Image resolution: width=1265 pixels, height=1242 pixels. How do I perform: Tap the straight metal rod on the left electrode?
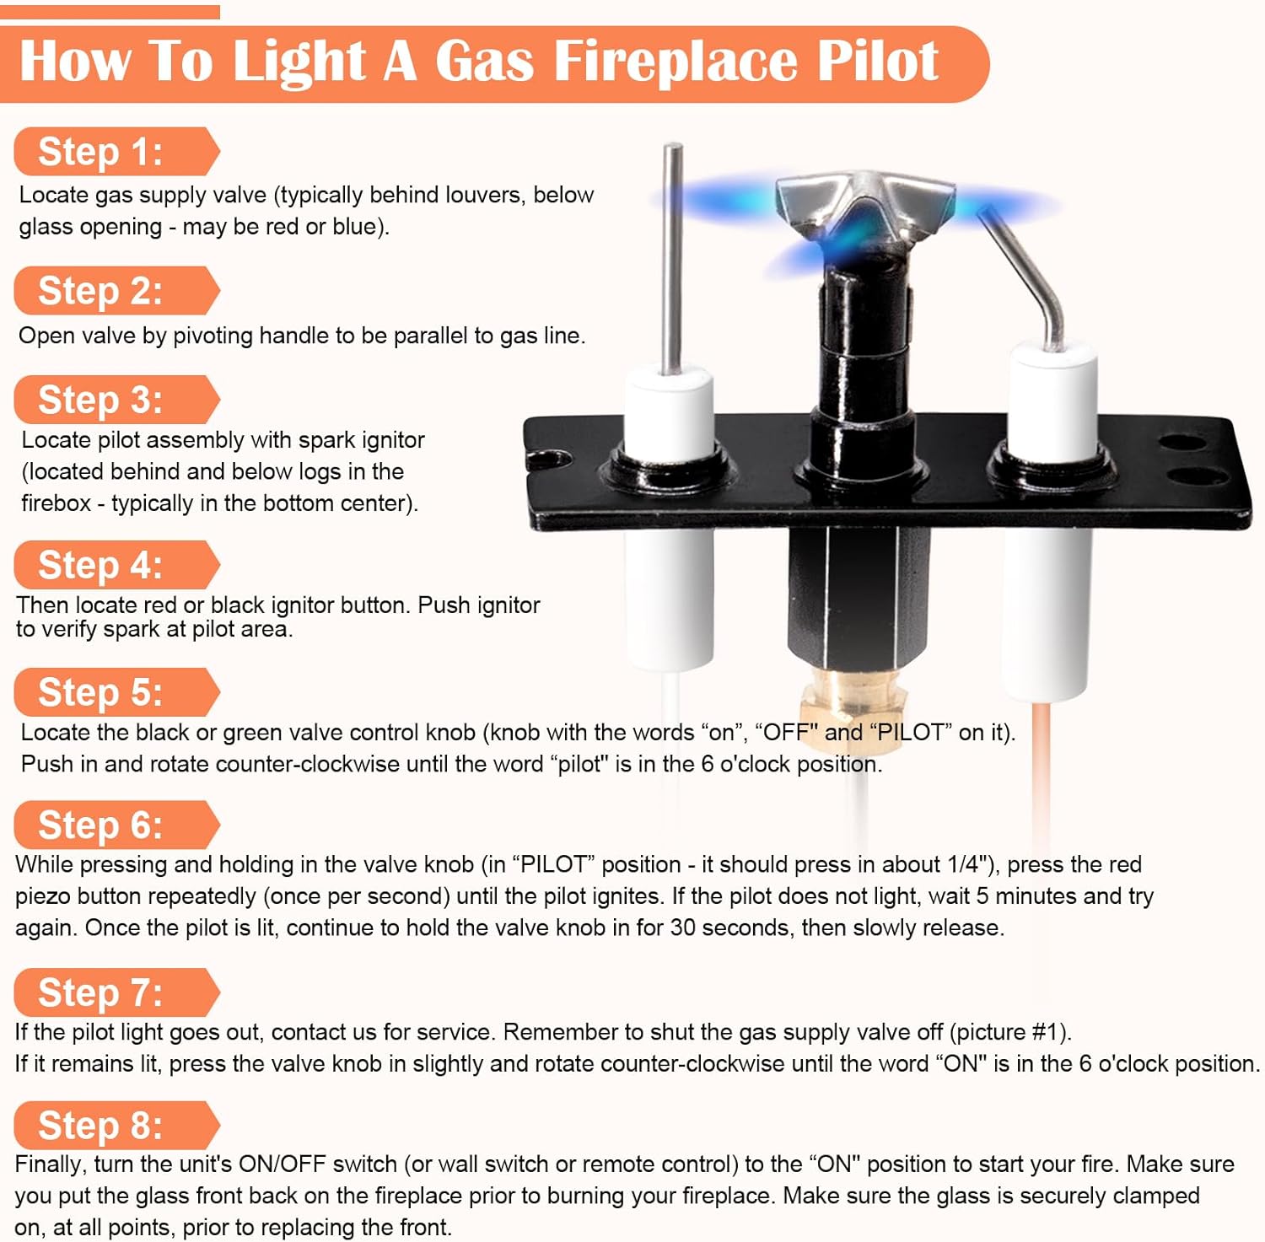[x=672, y=258]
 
